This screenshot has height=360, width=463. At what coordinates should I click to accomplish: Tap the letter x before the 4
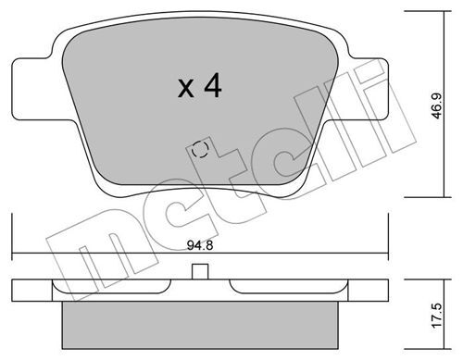click(x=185, y=90)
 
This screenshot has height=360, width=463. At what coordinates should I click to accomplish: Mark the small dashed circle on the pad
click(x=199, y=149)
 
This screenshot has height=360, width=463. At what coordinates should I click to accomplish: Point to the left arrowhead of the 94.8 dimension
click(x=17, y=255)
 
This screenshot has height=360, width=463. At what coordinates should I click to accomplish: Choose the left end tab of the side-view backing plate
click(x=28, y=287)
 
